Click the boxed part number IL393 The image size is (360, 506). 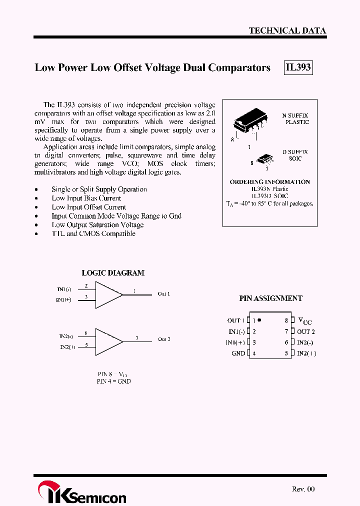(x=298, y=67)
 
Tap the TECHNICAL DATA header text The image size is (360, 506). (x=287, y=30)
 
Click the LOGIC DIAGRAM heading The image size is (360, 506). (x=113, y=273)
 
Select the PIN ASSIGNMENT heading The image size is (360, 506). (x=270, y=298)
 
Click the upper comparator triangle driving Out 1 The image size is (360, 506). (x=107, y=294)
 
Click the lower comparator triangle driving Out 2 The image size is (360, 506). (x=107, y=340)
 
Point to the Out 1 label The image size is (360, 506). (x=164, y=294)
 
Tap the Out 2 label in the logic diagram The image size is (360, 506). (x=164, y=339)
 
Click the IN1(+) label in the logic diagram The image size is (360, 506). (x=63, y=300)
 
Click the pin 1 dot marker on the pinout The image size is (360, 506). (x=259, y=320)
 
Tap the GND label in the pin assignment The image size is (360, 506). (x=238, y=353)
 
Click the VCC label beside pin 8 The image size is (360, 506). (x=304, y=321)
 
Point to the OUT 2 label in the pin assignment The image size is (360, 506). (x=305, y=331)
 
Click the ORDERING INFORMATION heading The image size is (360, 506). (x=269, y=182)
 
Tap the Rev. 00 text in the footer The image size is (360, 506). (x=303, y=489)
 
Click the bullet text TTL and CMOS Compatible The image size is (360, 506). (x=93, y=234)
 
